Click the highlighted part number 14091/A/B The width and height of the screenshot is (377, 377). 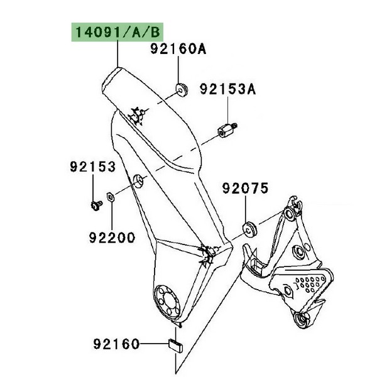click(x=117, y=32)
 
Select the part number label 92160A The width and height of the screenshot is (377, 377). click(x=178, y=49)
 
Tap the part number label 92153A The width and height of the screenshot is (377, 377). click(x=228, y=89)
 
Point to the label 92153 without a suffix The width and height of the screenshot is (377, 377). click(x=93, y=167)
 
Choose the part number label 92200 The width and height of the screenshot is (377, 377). click(x=112, y=238)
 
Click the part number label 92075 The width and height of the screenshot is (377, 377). click(x=245, y=188)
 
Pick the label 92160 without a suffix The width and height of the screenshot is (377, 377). click(x=116, y=344)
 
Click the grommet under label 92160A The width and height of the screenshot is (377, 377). click(x=182, y=89)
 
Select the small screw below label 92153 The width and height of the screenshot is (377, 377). click(x=96, y=205)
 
